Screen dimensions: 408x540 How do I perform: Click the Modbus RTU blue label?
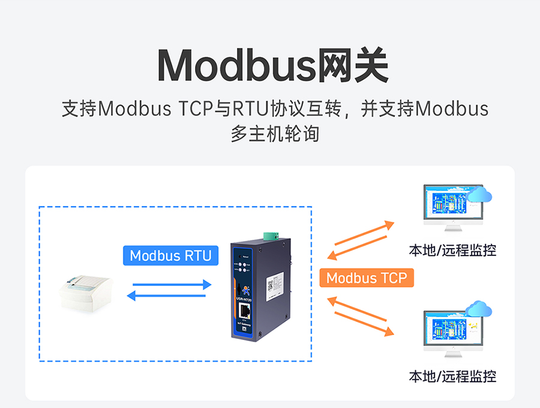[170, 255]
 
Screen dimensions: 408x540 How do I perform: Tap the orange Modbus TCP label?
[366, 278]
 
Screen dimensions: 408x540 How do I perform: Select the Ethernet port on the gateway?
[245, 311]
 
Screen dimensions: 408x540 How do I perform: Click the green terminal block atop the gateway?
[272, 234]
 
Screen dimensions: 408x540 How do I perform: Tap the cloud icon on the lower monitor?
[480, 309]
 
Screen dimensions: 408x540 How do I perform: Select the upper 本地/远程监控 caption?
[452, 250]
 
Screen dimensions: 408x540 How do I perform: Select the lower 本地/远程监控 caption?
[452, 377]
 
